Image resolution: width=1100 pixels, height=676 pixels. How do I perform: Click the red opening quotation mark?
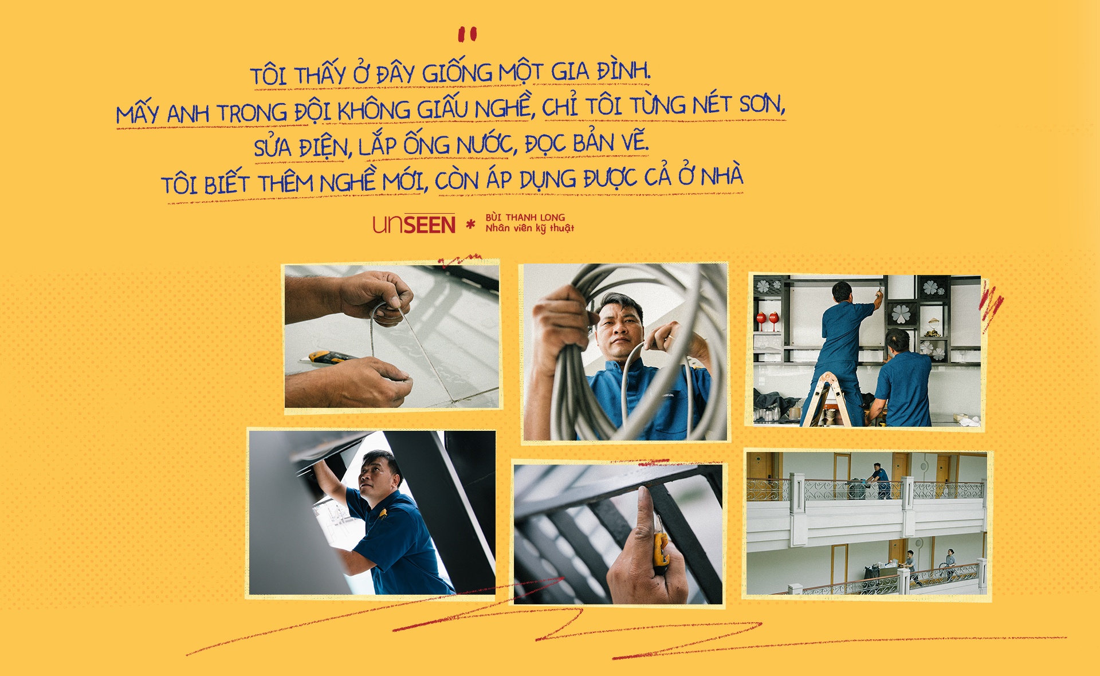point(467,34)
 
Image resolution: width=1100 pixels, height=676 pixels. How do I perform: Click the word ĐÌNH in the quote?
point(623,71)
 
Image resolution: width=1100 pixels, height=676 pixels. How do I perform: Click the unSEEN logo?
point(414,224)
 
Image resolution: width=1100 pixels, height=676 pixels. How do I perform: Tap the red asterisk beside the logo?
point(470,224)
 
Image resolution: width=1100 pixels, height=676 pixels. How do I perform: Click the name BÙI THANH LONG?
point(525,217)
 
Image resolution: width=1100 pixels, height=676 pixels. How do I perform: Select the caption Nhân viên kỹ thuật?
point(529,228)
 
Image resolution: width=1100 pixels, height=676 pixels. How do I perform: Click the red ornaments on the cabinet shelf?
point(767,319)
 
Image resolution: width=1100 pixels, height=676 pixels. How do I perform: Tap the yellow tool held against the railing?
point(660,547)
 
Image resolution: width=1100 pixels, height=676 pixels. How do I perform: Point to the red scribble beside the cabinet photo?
point(991,306)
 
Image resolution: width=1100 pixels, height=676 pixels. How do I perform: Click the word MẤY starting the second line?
point(137,113)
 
